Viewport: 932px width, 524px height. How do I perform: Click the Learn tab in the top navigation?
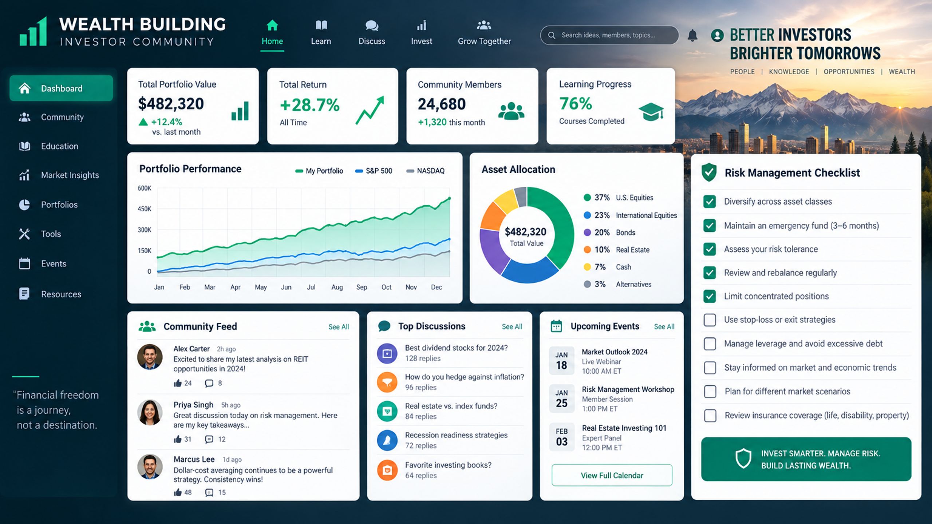point(321,33)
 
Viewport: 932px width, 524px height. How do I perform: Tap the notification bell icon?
point(692,36)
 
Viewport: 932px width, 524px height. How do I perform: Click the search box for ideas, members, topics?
point(609,35)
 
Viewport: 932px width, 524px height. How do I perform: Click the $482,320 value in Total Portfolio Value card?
point(171,104)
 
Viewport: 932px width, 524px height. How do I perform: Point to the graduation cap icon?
point(651,112)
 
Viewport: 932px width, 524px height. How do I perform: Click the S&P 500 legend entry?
point(374,171)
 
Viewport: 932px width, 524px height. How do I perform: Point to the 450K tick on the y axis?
point(144,209)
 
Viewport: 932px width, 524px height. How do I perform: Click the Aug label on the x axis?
point(337,287)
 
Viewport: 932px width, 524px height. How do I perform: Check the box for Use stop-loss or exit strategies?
point(710,320)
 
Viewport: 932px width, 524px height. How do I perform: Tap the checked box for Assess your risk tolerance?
point(710,249)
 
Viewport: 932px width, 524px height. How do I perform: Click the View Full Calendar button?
point(612,475)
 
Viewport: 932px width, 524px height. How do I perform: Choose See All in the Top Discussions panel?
point(512,326)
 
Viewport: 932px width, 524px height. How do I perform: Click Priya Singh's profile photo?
point(150,412)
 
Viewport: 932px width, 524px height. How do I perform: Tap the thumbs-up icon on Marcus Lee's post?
point(178,492)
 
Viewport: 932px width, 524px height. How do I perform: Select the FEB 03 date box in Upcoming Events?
point(562,437)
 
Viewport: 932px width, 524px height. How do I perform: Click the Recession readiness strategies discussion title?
point(456,435)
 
